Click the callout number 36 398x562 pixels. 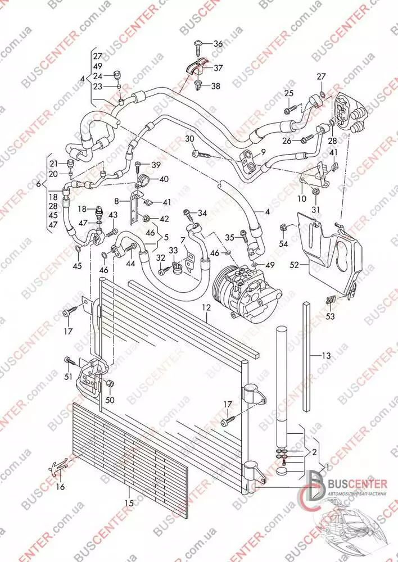point(218,43)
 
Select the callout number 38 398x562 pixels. point(215,87)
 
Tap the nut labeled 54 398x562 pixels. point(283,228)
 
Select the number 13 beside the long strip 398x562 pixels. point(327,355)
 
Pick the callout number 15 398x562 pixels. point(129,503)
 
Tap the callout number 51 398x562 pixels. point(68,376)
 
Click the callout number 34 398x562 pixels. point(202,212)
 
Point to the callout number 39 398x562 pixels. point(156,164)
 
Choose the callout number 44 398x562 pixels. point(130,263)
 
